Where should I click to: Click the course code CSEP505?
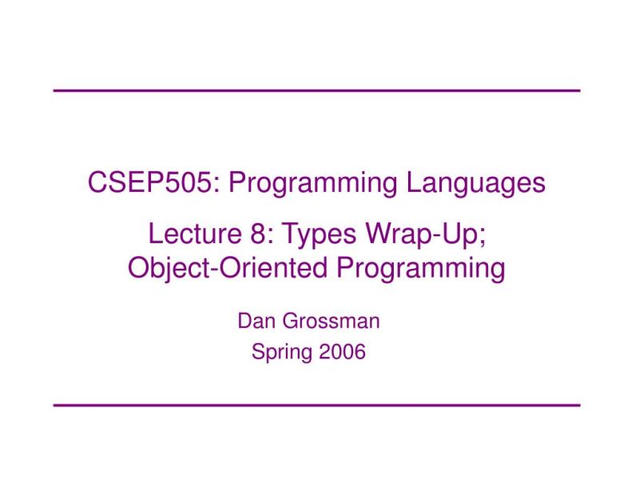tap(151, 183)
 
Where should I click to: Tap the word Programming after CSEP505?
tap(312, 183)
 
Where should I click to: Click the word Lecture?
tap(189, 235)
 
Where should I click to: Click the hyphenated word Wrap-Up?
tap(433, 235)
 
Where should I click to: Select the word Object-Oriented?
tap(227, 268)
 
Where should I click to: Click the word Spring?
tap(281, 352)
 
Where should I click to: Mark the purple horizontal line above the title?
tap(316, 90)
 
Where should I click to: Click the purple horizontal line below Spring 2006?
tap(316, 405)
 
